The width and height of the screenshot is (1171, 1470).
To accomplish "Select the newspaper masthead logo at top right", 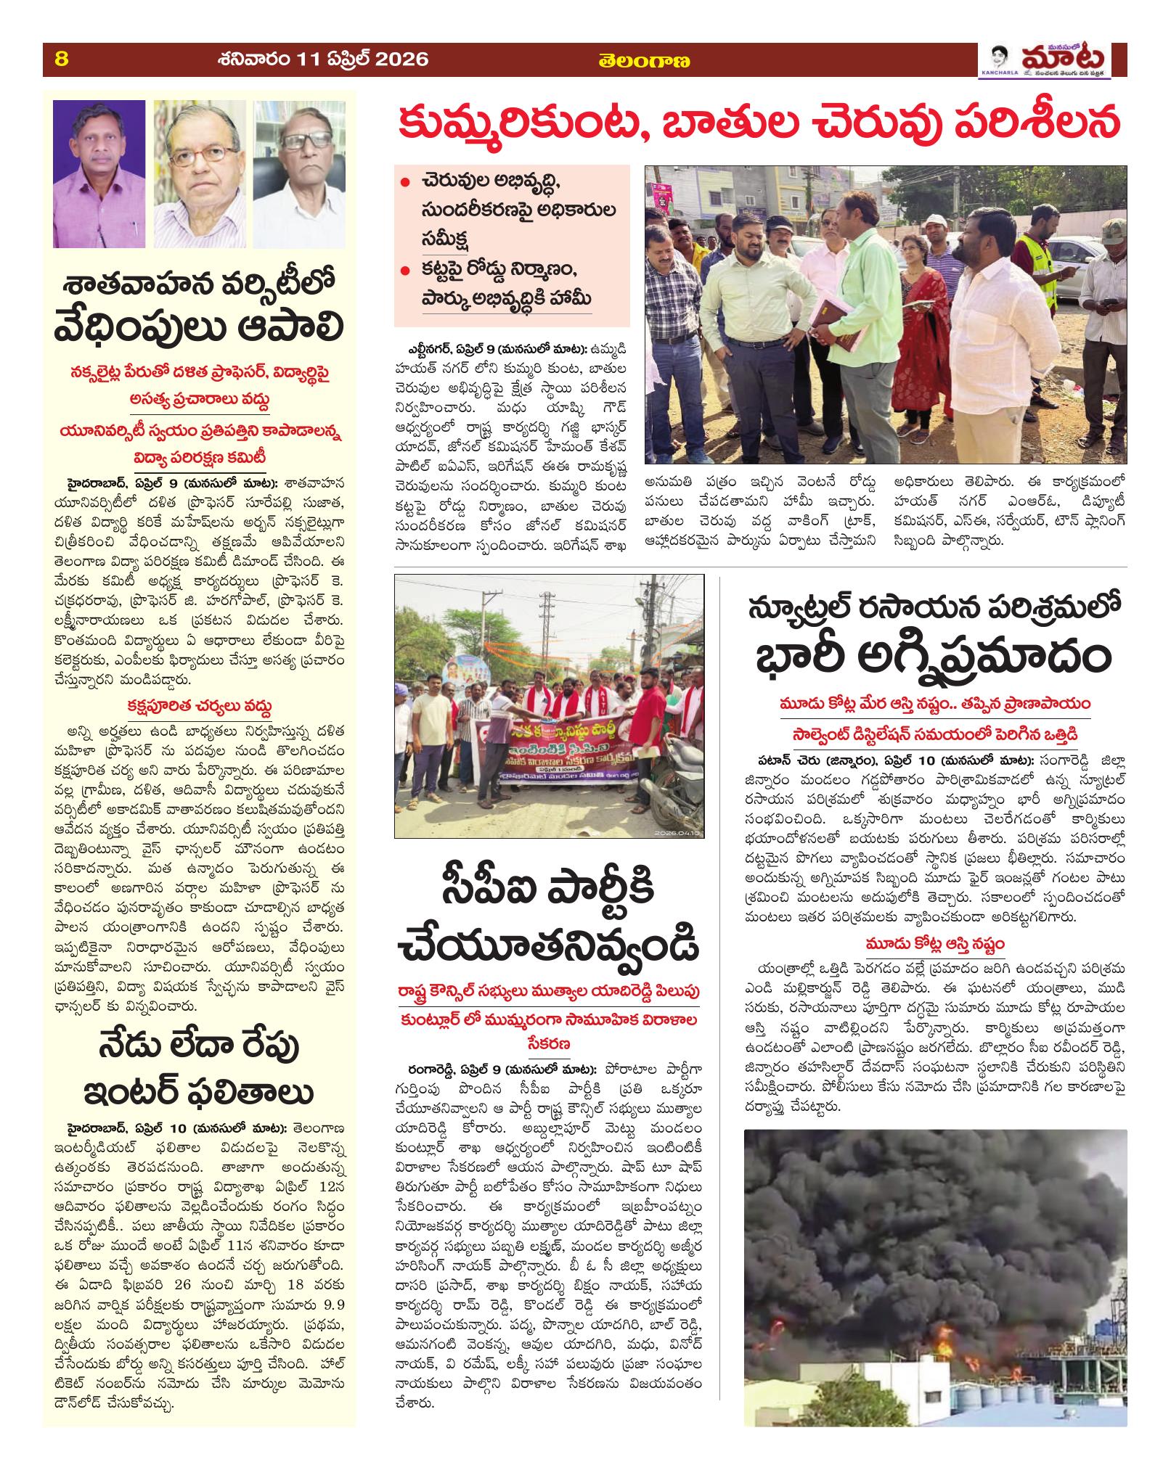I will (1053, 61).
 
